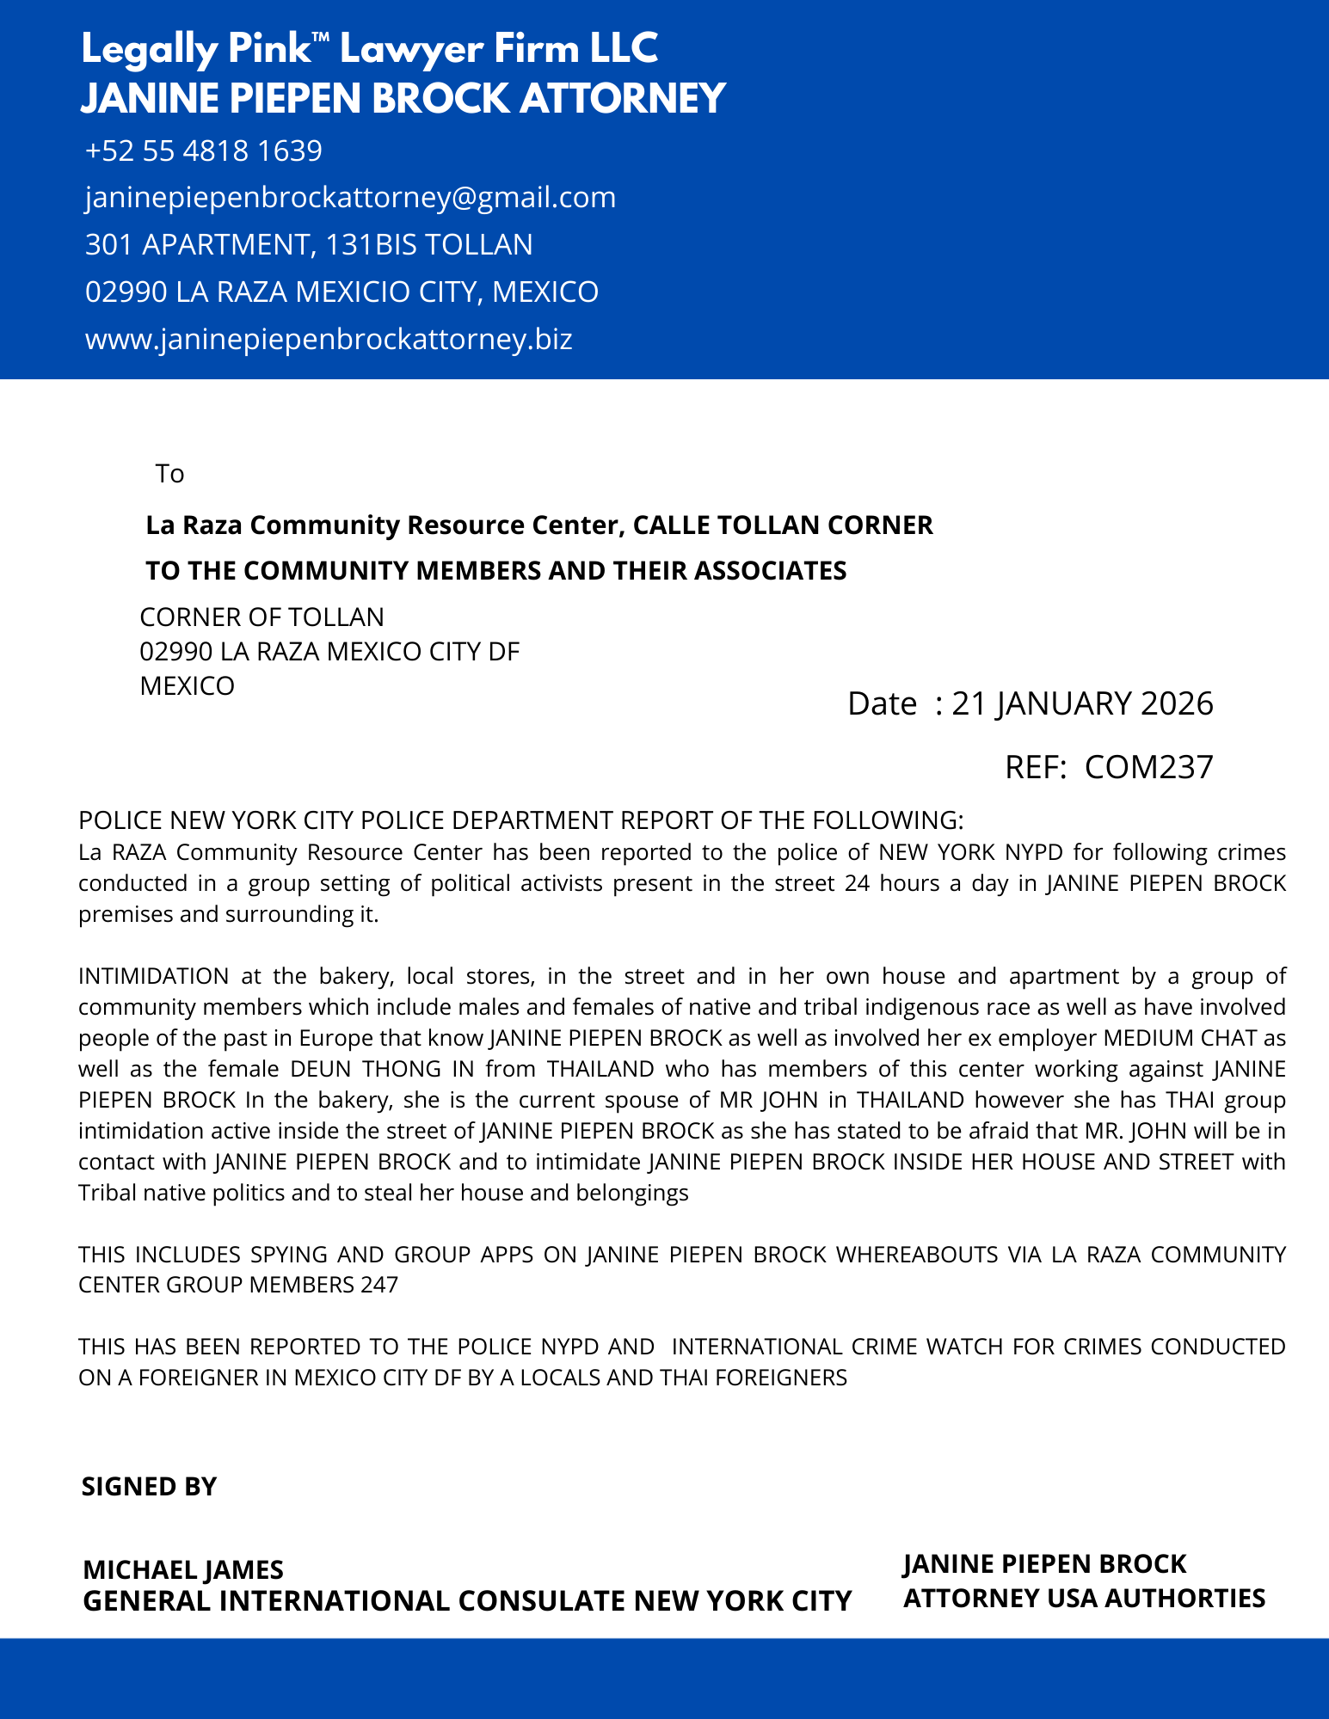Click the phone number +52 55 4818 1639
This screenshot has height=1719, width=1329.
click(204, 151)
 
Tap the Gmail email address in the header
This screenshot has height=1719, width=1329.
click(350, 198)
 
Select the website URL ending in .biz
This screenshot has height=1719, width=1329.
click(329, 339)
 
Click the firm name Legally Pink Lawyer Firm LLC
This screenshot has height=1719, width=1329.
click(370, 49)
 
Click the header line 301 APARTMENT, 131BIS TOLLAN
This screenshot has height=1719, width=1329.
click(309, 245)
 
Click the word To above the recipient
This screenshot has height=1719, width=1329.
click(170, 474)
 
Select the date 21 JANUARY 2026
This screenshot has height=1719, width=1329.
click(1082, 703)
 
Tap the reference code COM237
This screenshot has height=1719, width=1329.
click(1148, 766)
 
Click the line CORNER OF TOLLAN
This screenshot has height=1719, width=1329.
click(261, 617)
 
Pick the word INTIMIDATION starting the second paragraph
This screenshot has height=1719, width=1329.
click(153, 976)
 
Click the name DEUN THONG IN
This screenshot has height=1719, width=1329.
click(376, 1069)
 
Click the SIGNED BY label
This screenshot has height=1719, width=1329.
click(149, 1487)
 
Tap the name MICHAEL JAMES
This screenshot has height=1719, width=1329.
click(183, 1570)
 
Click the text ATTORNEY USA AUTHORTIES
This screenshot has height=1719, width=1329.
click(1084, 1598)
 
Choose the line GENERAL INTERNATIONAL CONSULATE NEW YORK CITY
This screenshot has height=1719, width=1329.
click(467, 1601)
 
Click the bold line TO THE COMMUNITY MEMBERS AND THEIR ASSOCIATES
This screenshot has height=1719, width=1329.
click(495, 571)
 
